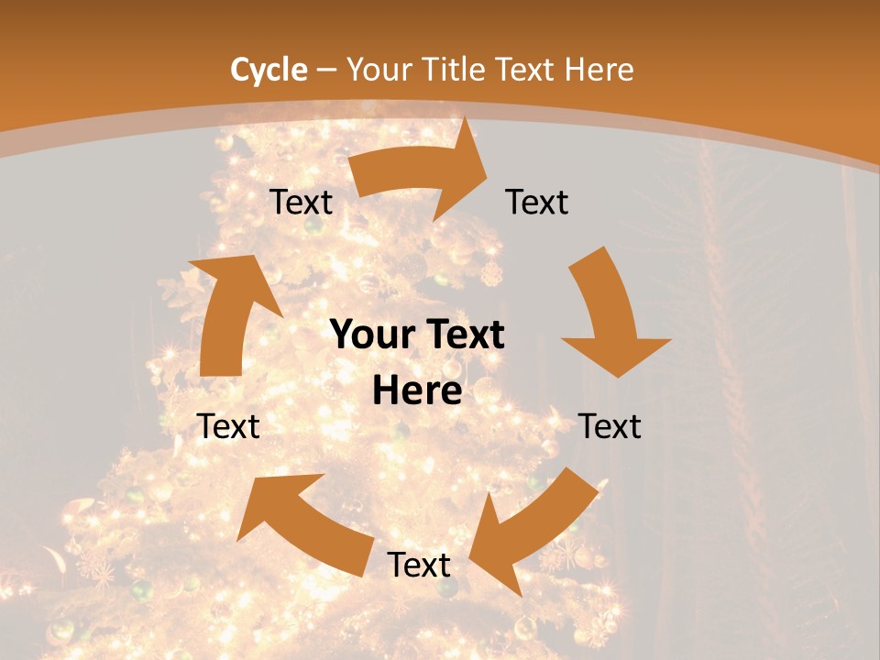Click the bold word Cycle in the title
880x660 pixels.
pos(269,70)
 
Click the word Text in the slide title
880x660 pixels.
pos(526,70)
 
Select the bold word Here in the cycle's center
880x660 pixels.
pos(417,391)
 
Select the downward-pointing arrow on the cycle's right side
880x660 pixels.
pos(609,312)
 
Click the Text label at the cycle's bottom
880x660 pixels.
pos(419,566)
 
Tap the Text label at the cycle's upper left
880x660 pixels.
pos(301,203)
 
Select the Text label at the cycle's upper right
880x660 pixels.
pos(537,203)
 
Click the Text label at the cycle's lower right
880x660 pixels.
pos(610,426)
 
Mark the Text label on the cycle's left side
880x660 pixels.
pos(228,426)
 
